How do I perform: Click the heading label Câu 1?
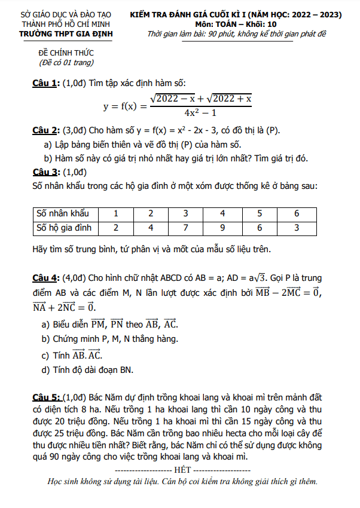[45, 82]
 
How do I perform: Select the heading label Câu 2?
[45, 130]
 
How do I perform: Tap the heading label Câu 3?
[45, 172]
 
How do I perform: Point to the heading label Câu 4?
[45, 278]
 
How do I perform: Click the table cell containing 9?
[222, 227]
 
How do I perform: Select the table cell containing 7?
[186, 227]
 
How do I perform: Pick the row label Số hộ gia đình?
[64, 227]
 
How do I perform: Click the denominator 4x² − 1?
[200, 112]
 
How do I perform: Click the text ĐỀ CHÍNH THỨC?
[66, 53]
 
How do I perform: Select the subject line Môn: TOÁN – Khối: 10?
[236, 24]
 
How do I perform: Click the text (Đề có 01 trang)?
[66, 62]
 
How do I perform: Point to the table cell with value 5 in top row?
[260, 213]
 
